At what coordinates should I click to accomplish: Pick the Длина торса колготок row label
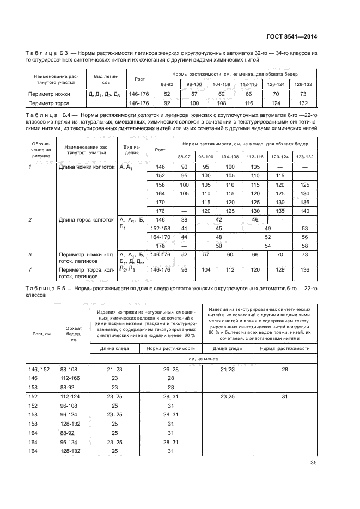click(x=87, y=219)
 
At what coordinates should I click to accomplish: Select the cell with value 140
click(x=303, y=211)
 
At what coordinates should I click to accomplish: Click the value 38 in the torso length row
click(x=184, y=219)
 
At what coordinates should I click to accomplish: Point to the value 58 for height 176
click(x=303, y=246)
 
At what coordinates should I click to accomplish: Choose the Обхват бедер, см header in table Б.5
click(x=74, y=333)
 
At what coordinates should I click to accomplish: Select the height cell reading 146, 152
click(x=39, y=369)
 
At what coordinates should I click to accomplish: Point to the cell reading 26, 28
click(x=170, y=369)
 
